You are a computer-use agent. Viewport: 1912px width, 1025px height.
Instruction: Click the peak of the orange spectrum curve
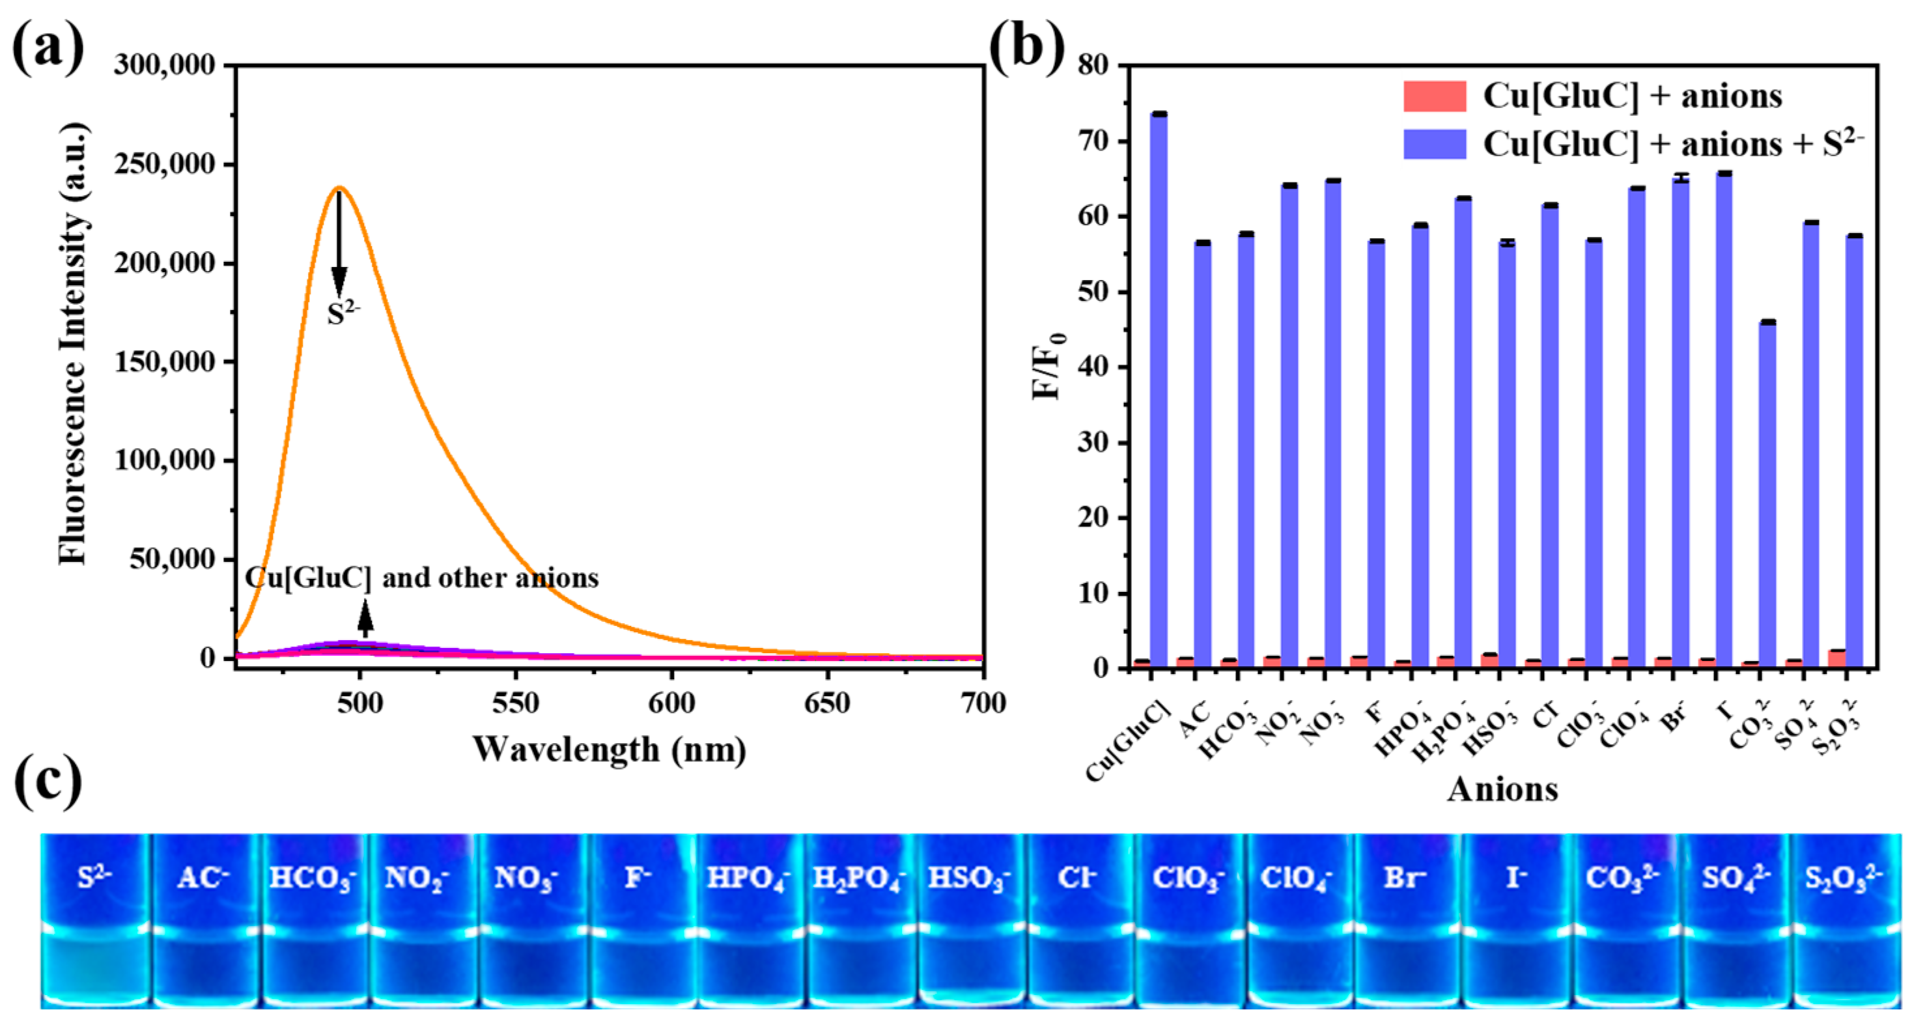click(x=339, y=188)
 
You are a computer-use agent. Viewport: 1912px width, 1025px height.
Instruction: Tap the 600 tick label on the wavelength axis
click(x=671, y=703)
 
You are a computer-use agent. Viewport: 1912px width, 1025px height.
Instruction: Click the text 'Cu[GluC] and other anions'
click(x=421, y=578)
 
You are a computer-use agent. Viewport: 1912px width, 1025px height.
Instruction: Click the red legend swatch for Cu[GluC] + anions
click(x=1434, y=96)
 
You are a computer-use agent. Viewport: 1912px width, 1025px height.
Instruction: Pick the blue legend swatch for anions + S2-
click(x=1434, y=144)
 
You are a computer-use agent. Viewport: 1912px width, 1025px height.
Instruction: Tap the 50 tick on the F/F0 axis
click(x=1093, y=292)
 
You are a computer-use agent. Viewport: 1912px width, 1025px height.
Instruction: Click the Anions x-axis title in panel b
click(x=1502, y=789)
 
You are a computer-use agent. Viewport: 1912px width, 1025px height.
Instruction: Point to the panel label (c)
click(x=48, y=781)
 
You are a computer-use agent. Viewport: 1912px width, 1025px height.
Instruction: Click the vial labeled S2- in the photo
click(x=95, y=920)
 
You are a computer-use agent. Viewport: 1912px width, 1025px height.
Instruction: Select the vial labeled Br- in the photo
click(x=1405, y=920)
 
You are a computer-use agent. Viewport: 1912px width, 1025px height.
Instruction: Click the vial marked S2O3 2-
click(x=1844, y=920)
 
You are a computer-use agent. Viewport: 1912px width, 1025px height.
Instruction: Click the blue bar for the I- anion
click(x=1724, y=419)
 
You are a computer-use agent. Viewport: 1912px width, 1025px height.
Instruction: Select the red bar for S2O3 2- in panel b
click(x=1837, y=659)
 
